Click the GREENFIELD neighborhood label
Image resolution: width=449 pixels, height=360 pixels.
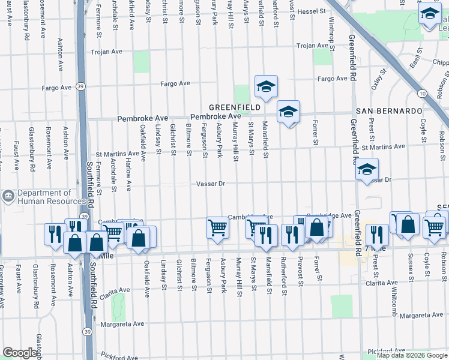235,107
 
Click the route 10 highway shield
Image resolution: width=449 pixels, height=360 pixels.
423,94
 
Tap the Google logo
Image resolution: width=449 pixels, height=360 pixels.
20,353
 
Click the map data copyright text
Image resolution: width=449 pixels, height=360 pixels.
412,355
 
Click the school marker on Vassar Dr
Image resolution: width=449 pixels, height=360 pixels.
366,169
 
